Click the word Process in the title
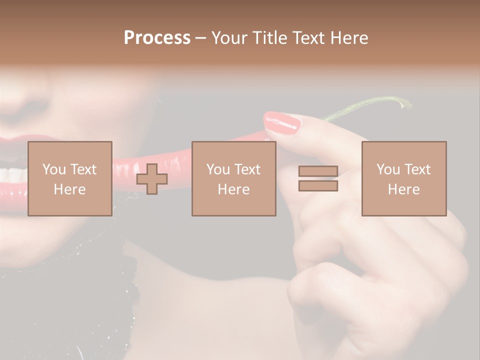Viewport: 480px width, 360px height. click(157, 38)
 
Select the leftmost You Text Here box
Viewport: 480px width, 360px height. click(70, 178)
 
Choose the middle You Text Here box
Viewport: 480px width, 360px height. click(234, 178)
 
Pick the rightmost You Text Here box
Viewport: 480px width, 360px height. click(404, 178)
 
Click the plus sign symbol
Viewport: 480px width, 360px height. click(152, 178)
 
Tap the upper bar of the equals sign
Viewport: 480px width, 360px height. click(318, 171)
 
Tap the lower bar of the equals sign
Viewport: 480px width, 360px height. click(318, 185)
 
